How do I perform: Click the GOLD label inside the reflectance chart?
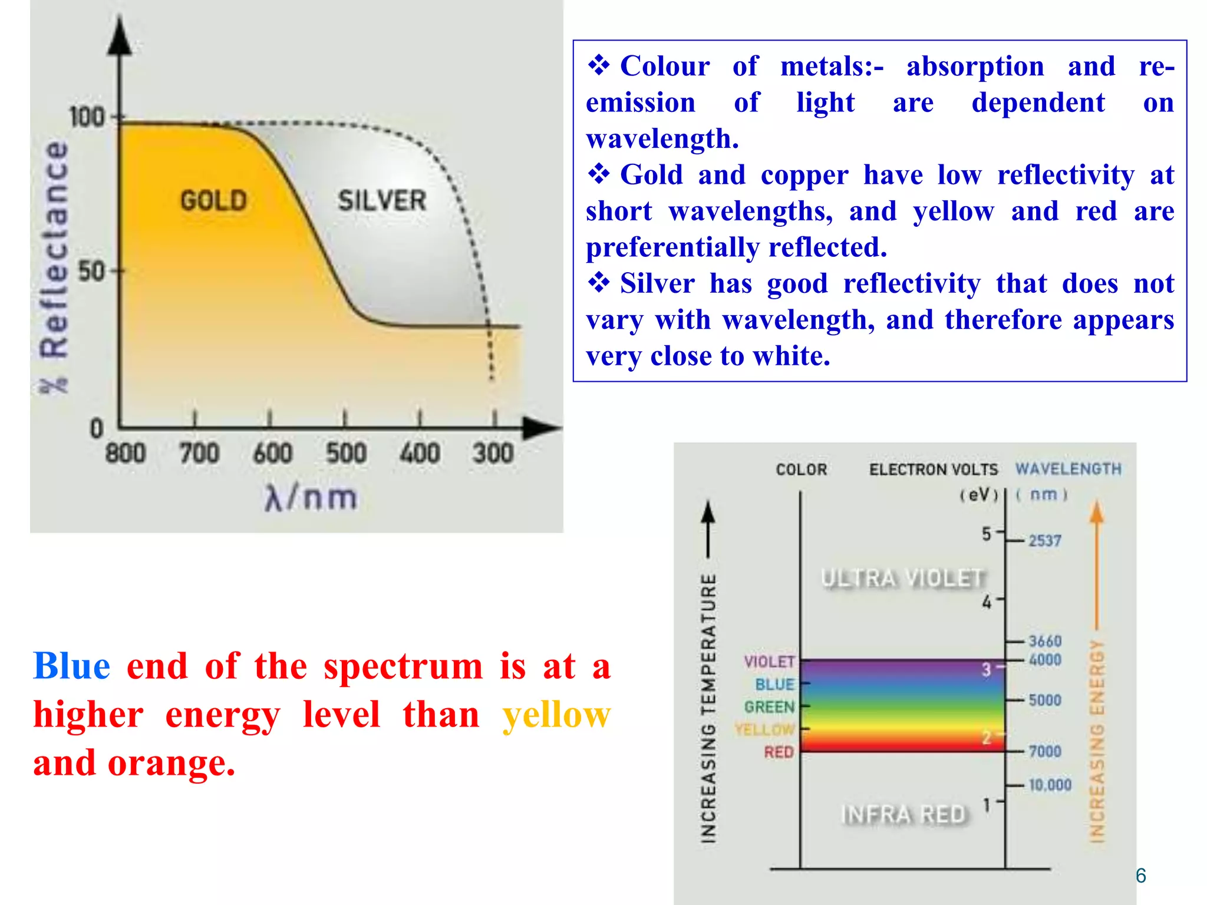pyautogui.click(x=213, y=200)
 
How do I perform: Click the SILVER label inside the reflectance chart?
pyautogui.click(x=382, y=200)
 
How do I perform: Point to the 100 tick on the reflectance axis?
pyautogui.click(x=87, y=117)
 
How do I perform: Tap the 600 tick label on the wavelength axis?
pyautogui.click(x=272, y=454)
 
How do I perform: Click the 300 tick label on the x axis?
pyautogui.click(x=493, y=454)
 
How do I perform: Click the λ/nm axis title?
pyautogui.click(x=311, y=498)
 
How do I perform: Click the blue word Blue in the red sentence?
pyautogui.click(x=71, y=666)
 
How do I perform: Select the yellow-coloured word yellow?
pyautogui.click(x=556, y=715)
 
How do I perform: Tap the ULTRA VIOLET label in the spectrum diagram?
pyautogui.click(x=903, y=578)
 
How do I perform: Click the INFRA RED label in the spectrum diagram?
pyautogui.click(x=904, y=814)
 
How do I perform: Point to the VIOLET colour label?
pyautogui.click(x=769, y=662)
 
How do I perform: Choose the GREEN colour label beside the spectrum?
pyautogui.click(x=769, y=706)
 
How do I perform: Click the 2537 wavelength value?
pyautogui.click(x=1045, y=540)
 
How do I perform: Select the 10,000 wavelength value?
pyautogui.click(x=1050, y=785)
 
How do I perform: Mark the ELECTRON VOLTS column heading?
pyautogui.click(x=934, y=470)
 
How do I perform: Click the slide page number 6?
pyautogui.click(x=1140, y=876)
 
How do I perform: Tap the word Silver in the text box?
pyautogui.click(x=657, y=283)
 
